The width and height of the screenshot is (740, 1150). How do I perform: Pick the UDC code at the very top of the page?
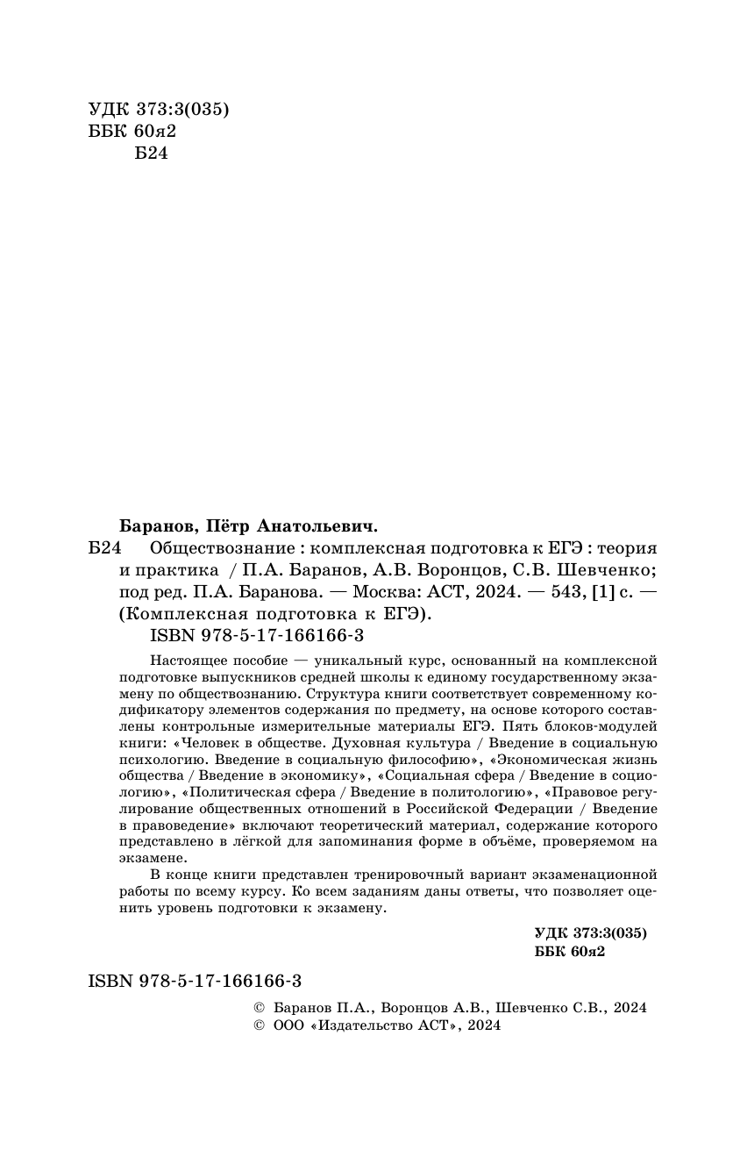(x=159, y=110)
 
